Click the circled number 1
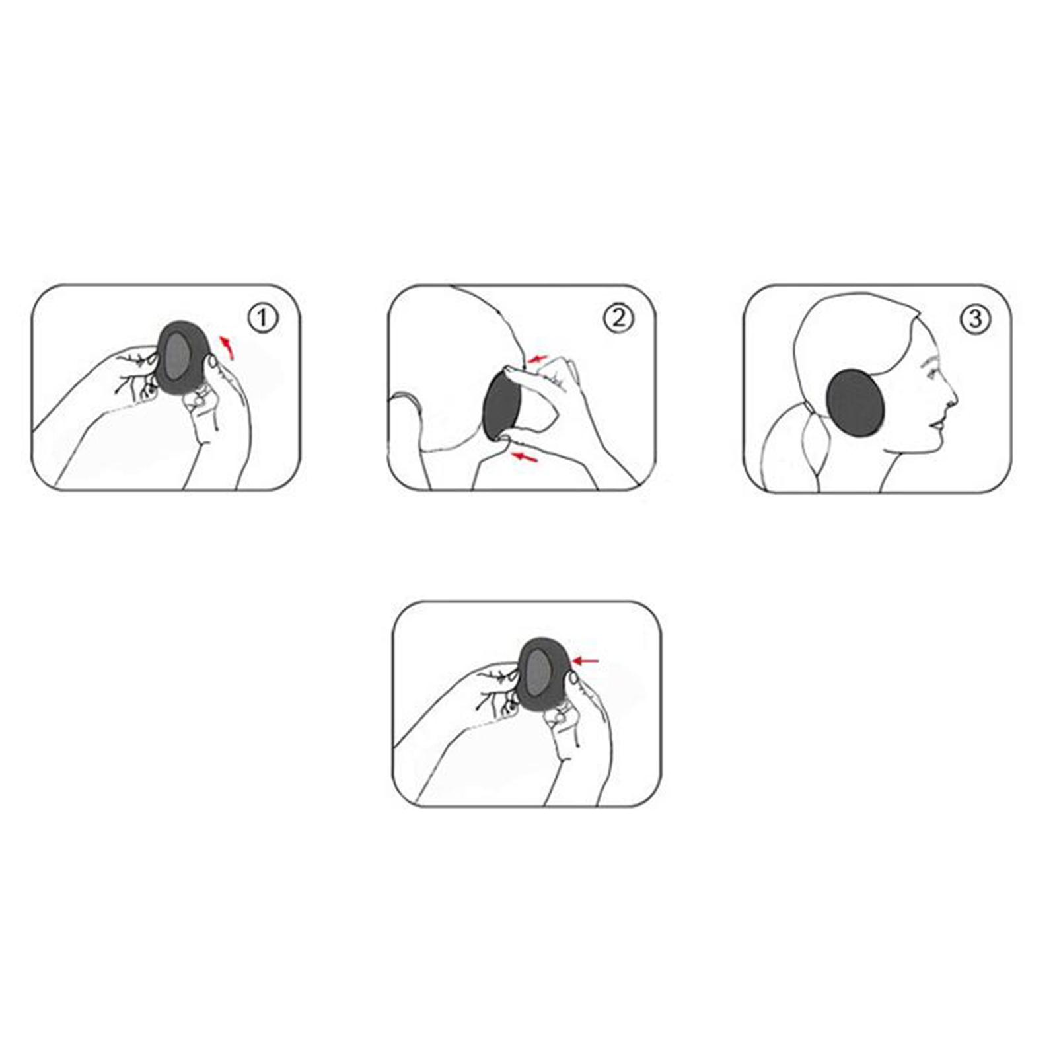(263, 318)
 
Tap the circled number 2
(618, 318)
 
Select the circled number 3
(975, 319)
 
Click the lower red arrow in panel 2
(525, 456)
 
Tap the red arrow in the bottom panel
(586, 660)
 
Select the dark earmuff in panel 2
(502, 404)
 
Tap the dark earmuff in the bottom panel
(544, 674)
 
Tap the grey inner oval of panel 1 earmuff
(175, 355)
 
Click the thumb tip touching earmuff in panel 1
(213, 362)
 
